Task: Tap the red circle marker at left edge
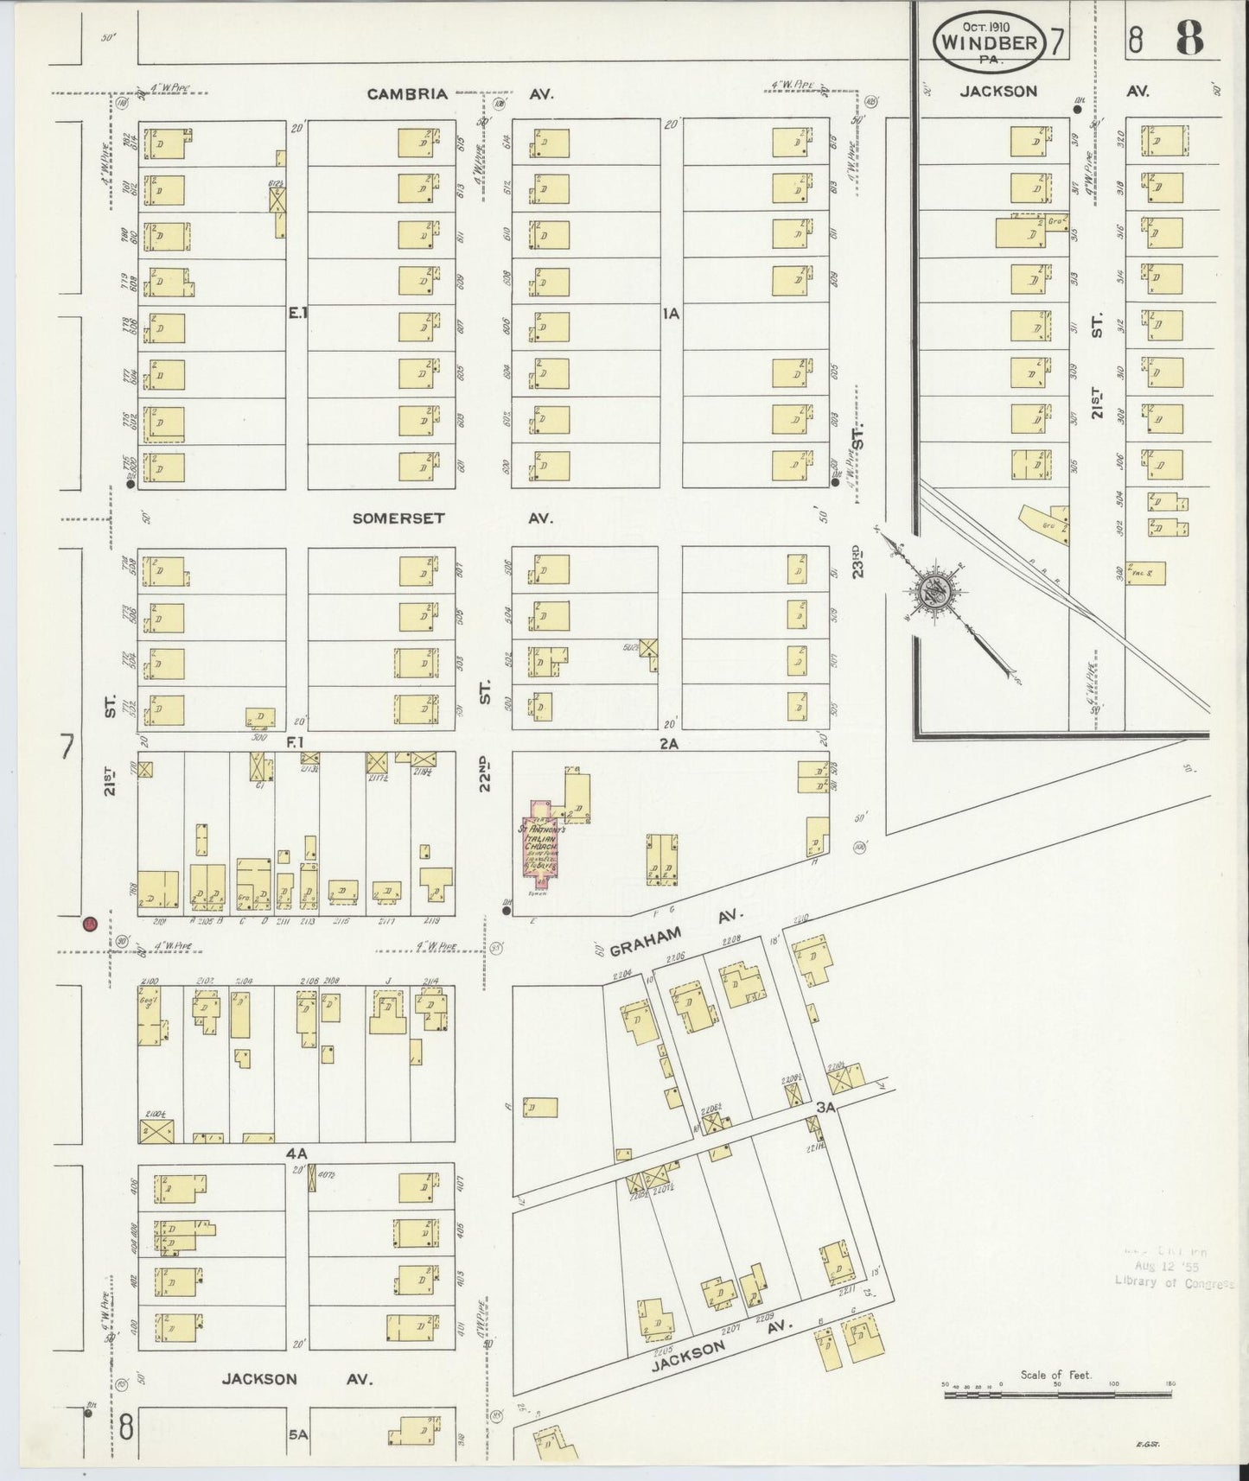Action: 89,925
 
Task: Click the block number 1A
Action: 670,315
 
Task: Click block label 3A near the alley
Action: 825,1106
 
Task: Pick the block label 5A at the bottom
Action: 297,1433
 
